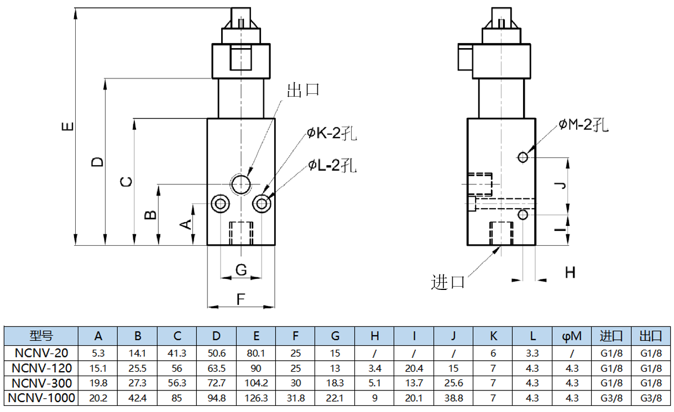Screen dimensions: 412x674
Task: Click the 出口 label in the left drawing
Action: [x=304, y=90]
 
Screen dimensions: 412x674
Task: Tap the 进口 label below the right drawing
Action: [x=448, y=282]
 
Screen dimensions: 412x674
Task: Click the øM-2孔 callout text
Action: [x=583, y=125]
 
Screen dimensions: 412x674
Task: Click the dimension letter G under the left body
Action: [x=241, y=270]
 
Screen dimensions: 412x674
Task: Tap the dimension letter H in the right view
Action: [x=570, y=272]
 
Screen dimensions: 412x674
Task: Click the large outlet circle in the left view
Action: [x=241, y=184]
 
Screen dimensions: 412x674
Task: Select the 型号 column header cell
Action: [x=41, y=336]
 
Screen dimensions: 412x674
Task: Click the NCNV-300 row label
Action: [x=41, y=382]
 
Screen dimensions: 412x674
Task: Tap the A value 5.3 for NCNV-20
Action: [x=98, y=353]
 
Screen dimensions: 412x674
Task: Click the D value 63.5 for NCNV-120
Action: [x=216, y=368]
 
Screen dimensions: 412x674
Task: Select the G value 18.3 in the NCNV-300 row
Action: [x=335, y=382]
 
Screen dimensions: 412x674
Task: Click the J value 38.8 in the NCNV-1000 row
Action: [x=453, y=398]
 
